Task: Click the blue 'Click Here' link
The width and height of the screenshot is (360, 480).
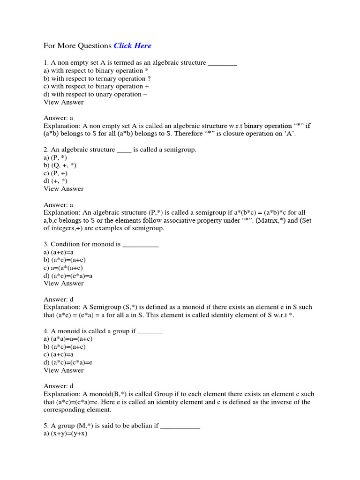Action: point(133,46)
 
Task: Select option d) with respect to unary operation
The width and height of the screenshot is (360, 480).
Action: point(96,94)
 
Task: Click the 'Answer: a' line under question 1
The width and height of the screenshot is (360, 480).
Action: point(59,118)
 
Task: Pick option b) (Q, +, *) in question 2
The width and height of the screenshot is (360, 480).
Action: point(60,165)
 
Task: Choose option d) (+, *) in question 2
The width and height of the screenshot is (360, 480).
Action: point(56,181)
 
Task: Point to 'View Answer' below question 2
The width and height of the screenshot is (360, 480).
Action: point(64,189)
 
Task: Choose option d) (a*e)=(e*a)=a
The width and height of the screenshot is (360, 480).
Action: point(68,276)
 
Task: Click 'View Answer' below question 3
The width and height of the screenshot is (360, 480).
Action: point(64,283)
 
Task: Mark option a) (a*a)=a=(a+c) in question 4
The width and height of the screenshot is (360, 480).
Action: point(68,339)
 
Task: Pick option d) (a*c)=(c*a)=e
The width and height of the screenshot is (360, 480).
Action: point(68,362)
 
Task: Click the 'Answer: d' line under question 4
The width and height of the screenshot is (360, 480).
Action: point(59,386)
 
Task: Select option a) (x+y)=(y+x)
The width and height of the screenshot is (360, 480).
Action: point(66,434)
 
